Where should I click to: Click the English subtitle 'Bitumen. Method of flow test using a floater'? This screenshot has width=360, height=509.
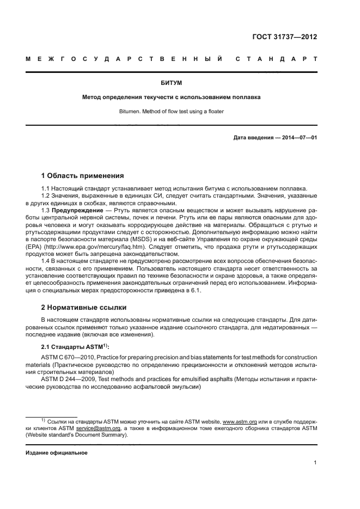172,111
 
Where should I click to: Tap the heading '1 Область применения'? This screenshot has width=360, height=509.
83,176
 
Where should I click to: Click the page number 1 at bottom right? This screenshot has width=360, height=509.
315,463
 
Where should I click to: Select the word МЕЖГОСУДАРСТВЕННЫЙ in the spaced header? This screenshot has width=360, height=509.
124,58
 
